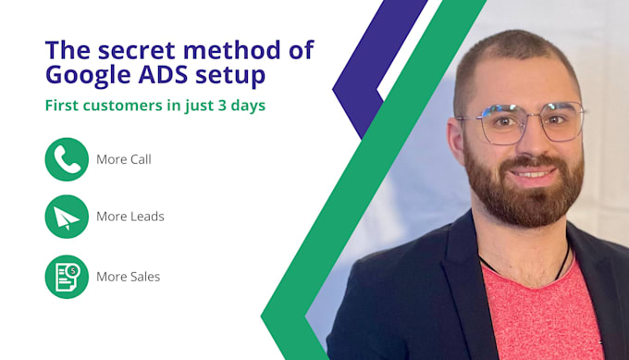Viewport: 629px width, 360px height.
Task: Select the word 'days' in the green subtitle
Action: [x=247, y=106]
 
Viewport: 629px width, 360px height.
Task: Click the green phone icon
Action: [x=67, y=159]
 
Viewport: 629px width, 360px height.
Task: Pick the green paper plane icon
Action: [x=67, y=217]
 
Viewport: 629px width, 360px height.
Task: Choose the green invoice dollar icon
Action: [x=67, y=276]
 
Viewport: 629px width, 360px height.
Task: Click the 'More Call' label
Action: [x=123, y=159]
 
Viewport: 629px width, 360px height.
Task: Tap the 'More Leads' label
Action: [x=129, y=217]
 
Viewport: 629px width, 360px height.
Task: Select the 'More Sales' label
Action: [x=128, y=277]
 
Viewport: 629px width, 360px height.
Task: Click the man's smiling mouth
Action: [x=533, y=173]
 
